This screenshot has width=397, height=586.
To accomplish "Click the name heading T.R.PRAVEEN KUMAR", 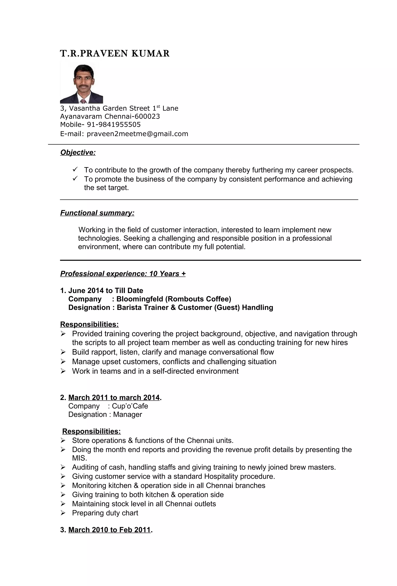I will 115,54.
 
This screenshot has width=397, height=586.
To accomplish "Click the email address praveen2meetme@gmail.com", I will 137,134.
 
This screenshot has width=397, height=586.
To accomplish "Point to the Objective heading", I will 78,153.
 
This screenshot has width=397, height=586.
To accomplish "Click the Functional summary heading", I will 97,213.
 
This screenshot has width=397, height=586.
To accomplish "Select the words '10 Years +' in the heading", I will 167,274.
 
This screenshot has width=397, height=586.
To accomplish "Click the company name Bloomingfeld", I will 139,299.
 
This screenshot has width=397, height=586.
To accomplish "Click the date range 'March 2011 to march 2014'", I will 114,398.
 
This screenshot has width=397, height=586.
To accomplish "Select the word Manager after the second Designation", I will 127,415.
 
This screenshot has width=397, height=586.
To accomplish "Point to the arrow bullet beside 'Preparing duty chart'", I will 63,513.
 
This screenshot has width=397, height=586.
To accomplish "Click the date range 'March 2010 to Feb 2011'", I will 109,530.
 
